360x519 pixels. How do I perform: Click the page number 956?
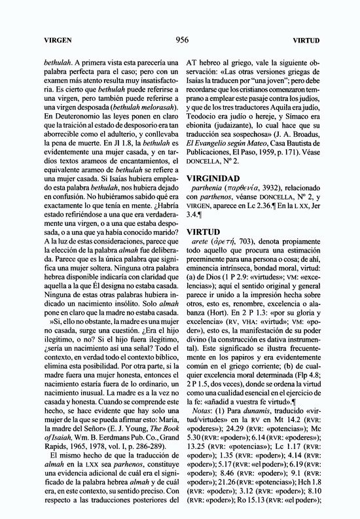183,39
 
